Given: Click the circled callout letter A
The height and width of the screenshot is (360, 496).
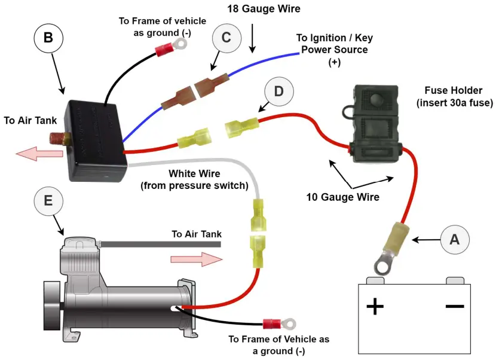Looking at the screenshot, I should pos(455,240).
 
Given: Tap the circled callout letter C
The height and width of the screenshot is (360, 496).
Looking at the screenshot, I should pos(226,38).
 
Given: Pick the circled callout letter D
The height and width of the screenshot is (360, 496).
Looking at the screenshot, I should pos(278,91).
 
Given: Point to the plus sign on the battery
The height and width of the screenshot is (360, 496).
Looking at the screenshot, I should pos(375,307).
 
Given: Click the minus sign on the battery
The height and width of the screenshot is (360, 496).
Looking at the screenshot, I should pos(454,306).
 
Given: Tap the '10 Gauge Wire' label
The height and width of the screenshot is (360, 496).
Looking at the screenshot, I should pos(342,197).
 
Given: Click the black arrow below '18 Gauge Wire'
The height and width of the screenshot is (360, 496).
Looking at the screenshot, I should pos(253,39).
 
